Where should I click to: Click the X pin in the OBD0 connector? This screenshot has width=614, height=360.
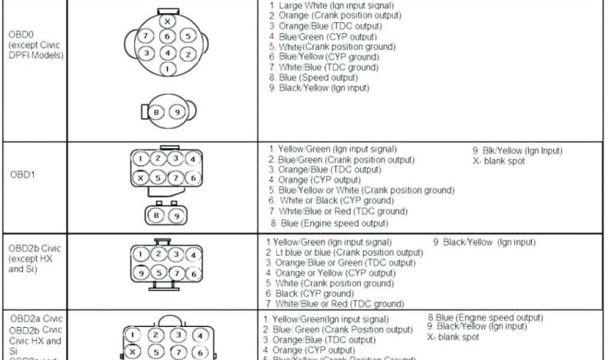click(x=168, y=22)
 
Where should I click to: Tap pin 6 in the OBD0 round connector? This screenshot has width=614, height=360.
click(x=168, y=37)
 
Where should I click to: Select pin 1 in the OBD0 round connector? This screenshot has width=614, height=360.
click(x=168, y=69)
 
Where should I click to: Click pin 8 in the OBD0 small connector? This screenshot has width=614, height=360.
click(x=156, y=112)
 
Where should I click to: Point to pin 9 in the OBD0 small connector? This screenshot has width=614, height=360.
click(x=176, y=112)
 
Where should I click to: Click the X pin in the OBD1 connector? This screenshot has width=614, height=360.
click(x=140, y=178)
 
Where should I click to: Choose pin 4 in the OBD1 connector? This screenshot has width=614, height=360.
click(x=192, y=160)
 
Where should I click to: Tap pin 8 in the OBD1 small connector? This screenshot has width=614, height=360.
click(x=157, y=214)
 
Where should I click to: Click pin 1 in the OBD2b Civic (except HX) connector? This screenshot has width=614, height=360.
click(x=140, y=254)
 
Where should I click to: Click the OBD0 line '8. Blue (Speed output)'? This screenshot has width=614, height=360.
click(x=314, y=77)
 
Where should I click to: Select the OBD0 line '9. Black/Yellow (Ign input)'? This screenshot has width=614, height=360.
click(x=319, y=88)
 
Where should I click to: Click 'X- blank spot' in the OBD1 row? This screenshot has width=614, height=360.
click(x=499, y=161)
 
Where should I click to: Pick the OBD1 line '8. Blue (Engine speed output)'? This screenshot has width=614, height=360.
click(x=329, y=224)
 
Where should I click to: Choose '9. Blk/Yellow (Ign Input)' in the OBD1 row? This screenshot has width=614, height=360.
click(x=517, y=151)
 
